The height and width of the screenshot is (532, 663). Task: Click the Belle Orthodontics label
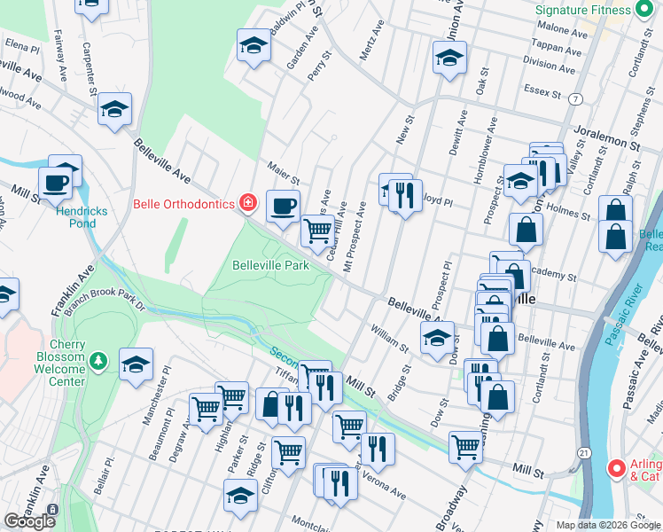click(x=183, y=204)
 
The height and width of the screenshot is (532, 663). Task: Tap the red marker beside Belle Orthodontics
click(x=248, y=204)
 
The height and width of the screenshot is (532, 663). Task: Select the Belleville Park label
click(x=270, y=265)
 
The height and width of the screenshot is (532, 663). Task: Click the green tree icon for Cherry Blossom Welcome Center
click(x=99, y=360)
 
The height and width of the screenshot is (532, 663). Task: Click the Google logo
click(x=29, y=521)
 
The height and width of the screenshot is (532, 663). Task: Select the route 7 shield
click(x=576, y=98)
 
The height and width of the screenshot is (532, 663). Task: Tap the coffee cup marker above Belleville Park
click(x=283, y=207)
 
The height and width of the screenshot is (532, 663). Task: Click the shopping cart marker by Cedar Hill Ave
click(x=317, y=232)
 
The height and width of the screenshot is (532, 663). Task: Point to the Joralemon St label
click(x=606, y=135)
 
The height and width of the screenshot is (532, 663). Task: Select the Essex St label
click(x=543, y=91)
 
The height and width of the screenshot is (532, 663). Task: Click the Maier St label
click(x=285, y=168)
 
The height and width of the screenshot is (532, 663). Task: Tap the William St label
click(x=390, y=337)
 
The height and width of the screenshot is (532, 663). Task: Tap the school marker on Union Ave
click(x=449, y=58)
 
